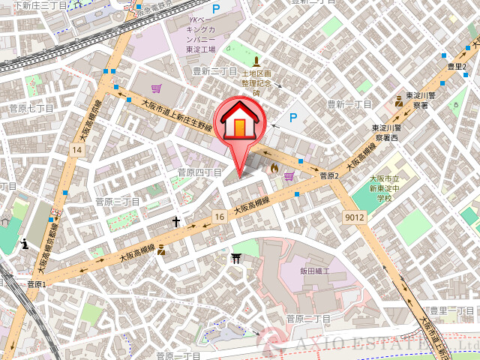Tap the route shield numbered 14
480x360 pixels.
[76, 151]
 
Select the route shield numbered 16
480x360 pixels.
[219, 216]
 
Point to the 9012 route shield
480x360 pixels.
[355, 217]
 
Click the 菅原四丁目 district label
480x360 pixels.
[199, 172]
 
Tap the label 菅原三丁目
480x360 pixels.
[118, 202]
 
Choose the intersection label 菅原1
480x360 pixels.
[36, 284]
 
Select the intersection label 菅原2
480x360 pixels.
[330, 176]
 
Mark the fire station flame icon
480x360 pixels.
[274, 170]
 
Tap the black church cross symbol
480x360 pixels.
[176, 221]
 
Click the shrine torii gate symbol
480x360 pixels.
[236, 259]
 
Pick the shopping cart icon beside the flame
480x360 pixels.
[289, 177]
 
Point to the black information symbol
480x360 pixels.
[26, 243]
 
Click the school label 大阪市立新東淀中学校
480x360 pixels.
[384, 187]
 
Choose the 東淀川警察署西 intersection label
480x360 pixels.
[388, 133]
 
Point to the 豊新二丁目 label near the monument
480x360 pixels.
[214, 71]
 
